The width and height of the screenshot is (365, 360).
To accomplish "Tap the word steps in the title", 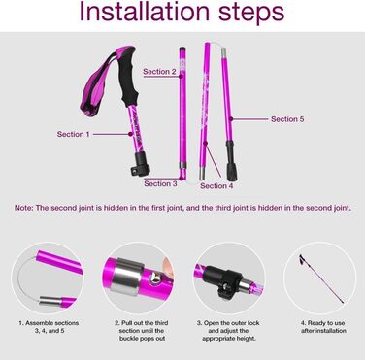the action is [x=251, y=13].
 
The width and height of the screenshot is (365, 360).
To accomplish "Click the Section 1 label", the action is [x=73, y=134].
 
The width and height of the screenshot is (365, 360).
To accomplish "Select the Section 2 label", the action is [x=159, y=72].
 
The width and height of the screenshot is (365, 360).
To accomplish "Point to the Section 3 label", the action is [x=160, y=183].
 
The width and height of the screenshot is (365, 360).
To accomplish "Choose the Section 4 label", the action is [x=216, y=186].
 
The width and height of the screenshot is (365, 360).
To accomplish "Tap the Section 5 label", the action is [x=287, y=119].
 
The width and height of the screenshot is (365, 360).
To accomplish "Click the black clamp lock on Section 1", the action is [x=141, y=164].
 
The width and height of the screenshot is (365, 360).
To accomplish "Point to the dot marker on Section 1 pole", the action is [x=130, y=134].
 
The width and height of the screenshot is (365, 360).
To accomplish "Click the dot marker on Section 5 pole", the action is [x=231, y=119].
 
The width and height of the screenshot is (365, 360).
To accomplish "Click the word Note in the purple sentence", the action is [x=22, y=208].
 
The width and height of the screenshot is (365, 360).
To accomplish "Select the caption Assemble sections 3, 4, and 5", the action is [x=49, y=327].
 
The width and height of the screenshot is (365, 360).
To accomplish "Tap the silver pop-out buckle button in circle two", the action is [x=155, y=278].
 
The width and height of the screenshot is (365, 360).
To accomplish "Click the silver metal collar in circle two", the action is [x=126, y=277].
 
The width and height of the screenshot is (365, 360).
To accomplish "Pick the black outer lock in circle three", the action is [x=225, y=279].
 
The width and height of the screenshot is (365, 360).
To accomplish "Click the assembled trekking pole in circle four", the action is [x=321, y=278].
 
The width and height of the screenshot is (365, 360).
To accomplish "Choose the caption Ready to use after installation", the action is [x=323, y=327].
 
